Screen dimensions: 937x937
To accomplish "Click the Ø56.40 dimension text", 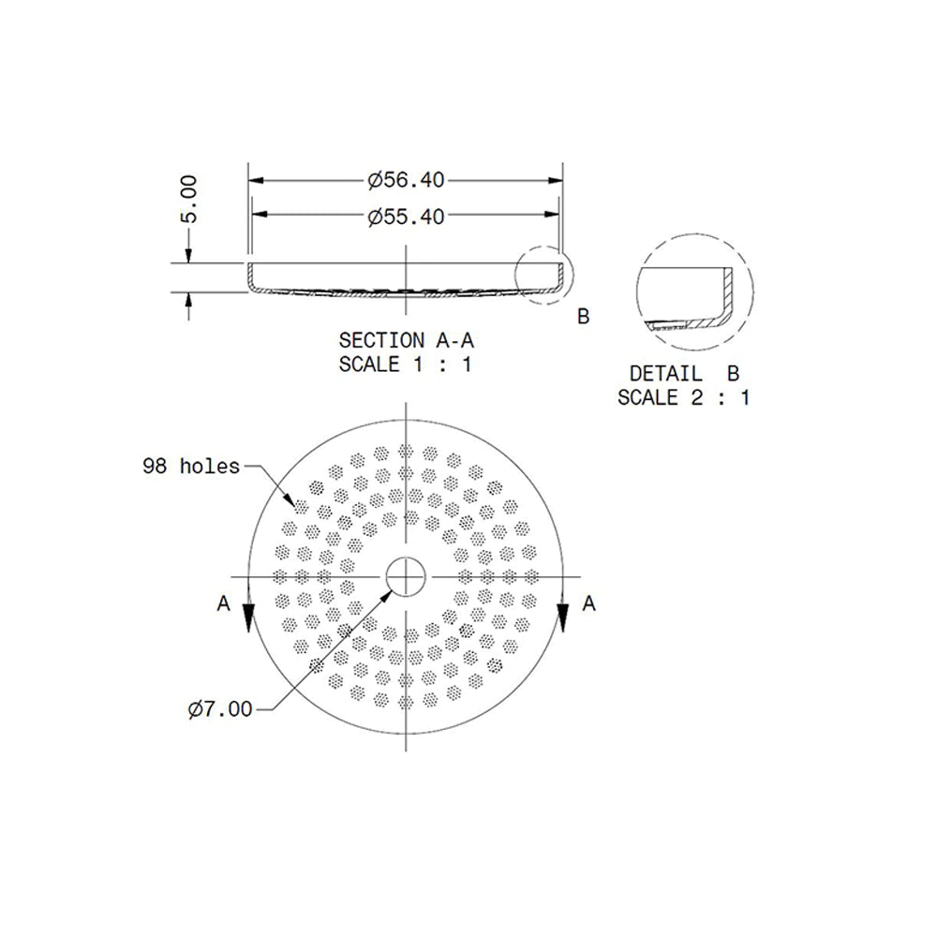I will pyautogui.click(x=406, y=178).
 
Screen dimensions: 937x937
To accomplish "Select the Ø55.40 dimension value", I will pyautogui.click(x=406, y=216).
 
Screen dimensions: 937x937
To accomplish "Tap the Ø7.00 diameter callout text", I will pyautogui.click(x=219, y=709).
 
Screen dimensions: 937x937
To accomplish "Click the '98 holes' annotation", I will pyautogui.click(x=191, y=466).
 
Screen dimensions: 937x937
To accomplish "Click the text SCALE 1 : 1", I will pyautogui.click(x=405, y=364).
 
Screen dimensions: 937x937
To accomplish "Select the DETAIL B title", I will pyautogui.click(x=683, y=373).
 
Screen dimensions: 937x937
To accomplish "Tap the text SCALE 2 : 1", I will pyautogui.click(x=683, y=397).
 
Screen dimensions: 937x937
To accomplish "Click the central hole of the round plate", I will pyautogui.click(x=406, y=574).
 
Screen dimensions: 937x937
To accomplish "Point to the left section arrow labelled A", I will pyautogui.click(x=249, y=614).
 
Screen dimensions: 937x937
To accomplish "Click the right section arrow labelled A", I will pyautogui.click(x=563, y=614).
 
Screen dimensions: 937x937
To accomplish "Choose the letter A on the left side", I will pyautogui.click(x=223, y=604).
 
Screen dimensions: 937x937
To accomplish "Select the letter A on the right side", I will pyautogui.click(x=588, y=604).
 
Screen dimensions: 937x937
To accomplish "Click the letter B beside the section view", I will pyautogui.click(x=583, y=317).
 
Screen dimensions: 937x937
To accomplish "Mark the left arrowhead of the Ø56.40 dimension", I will pyautogui.click(x=255, y=178).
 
